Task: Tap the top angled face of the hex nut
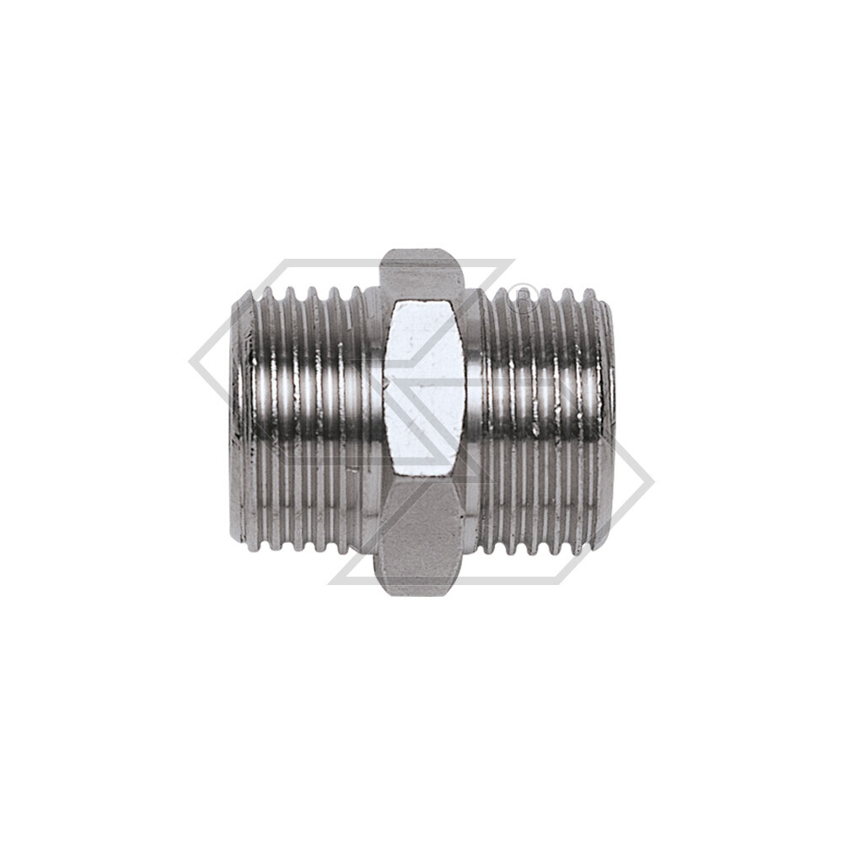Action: [421, 274]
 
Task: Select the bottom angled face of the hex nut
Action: [421, 540]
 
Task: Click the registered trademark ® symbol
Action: [524, 299]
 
